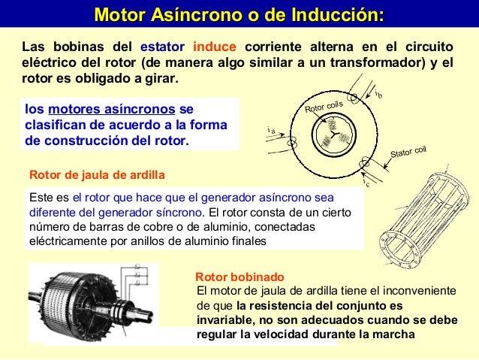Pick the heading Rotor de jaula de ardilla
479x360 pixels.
click(x=96, y=175)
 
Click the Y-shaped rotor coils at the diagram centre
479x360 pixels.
click(x=330, y=138)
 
